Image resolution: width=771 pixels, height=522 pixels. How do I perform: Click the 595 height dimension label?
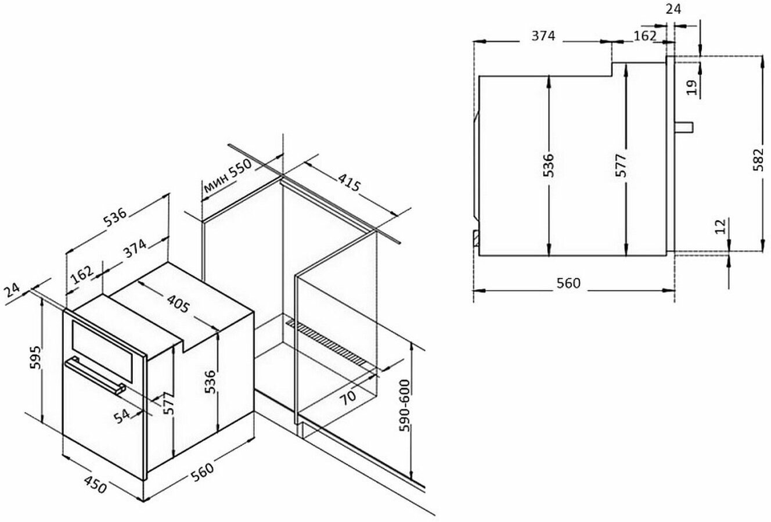35,361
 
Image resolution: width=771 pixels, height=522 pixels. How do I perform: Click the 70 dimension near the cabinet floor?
347,398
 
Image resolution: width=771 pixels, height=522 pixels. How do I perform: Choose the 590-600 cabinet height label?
405,406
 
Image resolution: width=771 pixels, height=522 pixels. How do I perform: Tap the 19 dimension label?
690,88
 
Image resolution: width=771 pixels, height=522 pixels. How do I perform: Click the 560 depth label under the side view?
568,283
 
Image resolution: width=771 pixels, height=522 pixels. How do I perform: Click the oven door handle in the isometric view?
96,376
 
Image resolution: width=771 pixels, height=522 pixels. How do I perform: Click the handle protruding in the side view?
685,127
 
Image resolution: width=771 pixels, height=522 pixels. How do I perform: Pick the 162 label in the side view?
644,36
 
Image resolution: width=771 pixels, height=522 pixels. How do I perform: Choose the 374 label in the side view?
544,36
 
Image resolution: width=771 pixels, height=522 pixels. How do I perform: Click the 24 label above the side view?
673,9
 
